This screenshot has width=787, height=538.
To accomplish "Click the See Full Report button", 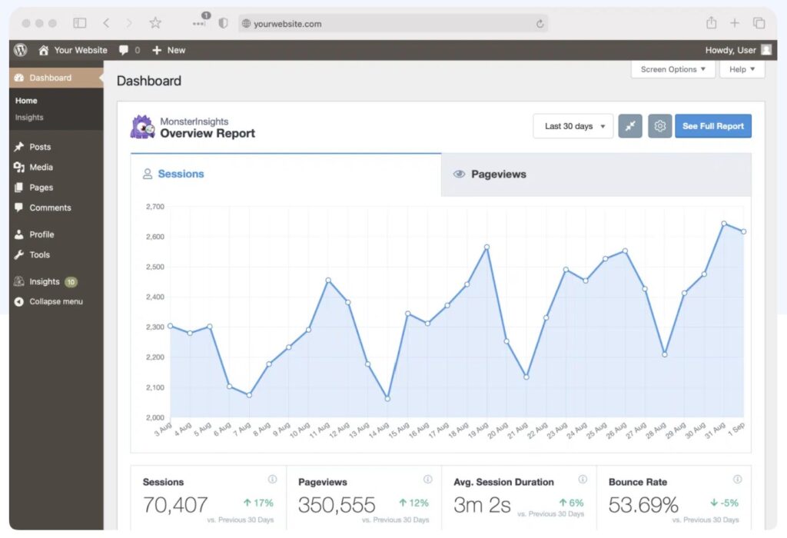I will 712,126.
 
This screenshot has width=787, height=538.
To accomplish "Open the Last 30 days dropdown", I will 573,126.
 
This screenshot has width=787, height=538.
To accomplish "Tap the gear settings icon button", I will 659,126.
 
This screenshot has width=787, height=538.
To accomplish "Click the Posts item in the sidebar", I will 40,147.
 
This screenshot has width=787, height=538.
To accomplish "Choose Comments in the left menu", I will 50,208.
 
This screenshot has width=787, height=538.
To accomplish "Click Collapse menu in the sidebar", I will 55,301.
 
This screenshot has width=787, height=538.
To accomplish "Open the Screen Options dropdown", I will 672,69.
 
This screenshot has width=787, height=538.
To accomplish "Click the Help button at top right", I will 742,69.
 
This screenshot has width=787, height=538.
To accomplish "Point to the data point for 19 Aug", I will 486,247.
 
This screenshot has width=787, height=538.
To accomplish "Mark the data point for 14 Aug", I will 387,398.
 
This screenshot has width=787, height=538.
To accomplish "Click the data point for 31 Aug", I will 724,224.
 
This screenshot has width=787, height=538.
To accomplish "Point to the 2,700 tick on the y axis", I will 154,207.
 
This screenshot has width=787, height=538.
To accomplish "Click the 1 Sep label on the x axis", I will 737,427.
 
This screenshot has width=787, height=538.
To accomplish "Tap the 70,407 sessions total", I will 175,505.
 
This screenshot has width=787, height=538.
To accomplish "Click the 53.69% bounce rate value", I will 643,505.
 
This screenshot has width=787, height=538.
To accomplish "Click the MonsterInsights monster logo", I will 142,127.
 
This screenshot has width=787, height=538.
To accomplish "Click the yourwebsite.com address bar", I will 392,24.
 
